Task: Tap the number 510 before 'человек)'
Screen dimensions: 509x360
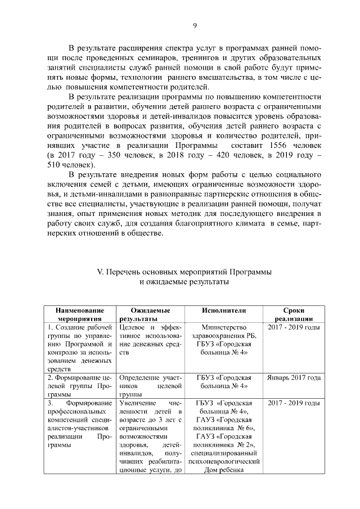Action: [x=56, y=165]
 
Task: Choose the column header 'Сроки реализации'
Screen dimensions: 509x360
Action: [x=294, y=315]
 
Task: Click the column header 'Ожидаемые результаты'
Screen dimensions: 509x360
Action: [x=147, y=315]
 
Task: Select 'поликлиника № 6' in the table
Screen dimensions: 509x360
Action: [x=224, y=428]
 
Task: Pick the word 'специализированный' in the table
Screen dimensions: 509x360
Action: [x=224, y=454]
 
